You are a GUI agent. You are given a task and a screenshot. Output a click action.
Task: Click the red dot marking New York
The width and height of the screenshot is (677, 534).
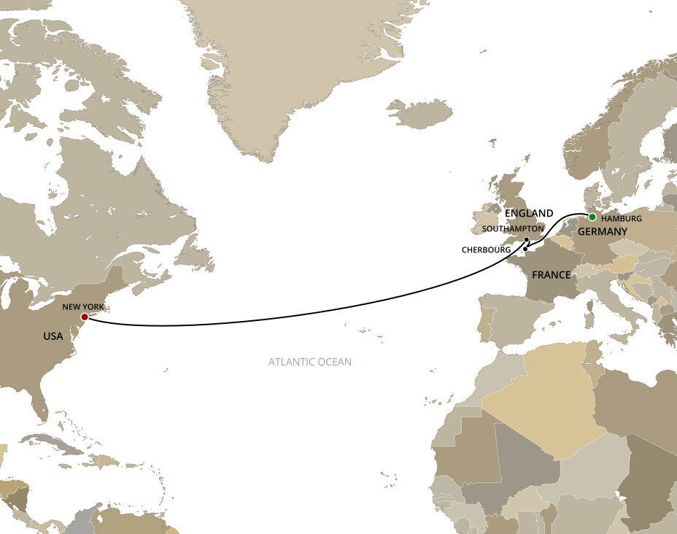[85, 317]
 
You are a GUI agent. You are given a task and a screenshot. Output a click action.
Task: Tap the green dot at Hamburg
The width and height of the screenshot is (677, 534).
[592, 217]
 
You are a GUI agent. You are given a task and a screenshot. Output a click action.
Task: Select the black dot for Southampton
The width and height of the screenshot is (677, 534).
[527, 239]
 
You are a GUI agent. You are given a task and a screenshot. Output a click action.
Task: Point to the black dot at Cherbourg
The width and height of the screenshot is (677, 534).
[525, 249]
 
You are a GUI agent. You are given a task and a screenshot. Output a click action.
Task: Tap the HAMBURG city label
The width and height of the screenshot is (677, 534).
[622, 218]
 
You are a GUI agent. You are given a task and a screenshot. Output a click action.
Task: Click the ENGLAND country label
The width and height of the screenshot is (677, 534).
[528, 213]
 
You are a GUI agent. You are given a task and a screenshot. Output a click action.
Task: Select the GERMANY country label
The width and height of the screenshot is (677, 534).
[603, 231]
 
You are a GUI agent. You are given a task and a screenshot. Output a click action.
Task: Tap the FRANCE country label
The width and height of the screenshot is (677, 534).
[551, 275]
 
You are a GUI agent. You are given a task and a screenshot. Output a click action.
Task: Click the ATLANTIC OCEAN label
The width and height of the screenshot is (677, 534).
[309, 362]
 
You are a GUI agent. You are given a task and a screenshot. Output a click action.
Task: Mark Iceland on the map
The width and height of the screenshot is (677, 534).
[419, 114]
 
